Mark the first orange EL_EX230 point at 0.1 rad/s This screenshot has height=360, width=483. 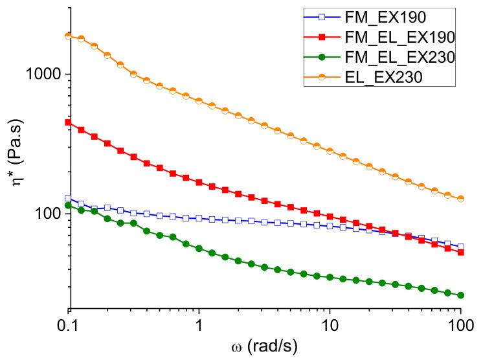coord(69,36)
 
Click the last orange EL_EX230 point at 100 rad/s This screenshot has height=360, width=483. coord(460,199)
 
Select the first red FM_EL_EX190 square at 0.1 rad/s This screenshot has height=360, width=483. coord(69,122)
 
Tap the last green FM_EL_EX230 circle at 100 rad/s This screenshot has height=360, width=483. coord(460,295)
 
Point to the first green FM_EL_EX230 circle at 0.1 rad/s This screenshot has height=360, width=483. coord(69,205)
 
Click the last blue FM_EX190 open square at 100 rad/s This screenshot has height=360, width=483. coord(460,247)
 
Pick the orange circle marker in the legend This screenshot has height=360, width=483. coord(331,78)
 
